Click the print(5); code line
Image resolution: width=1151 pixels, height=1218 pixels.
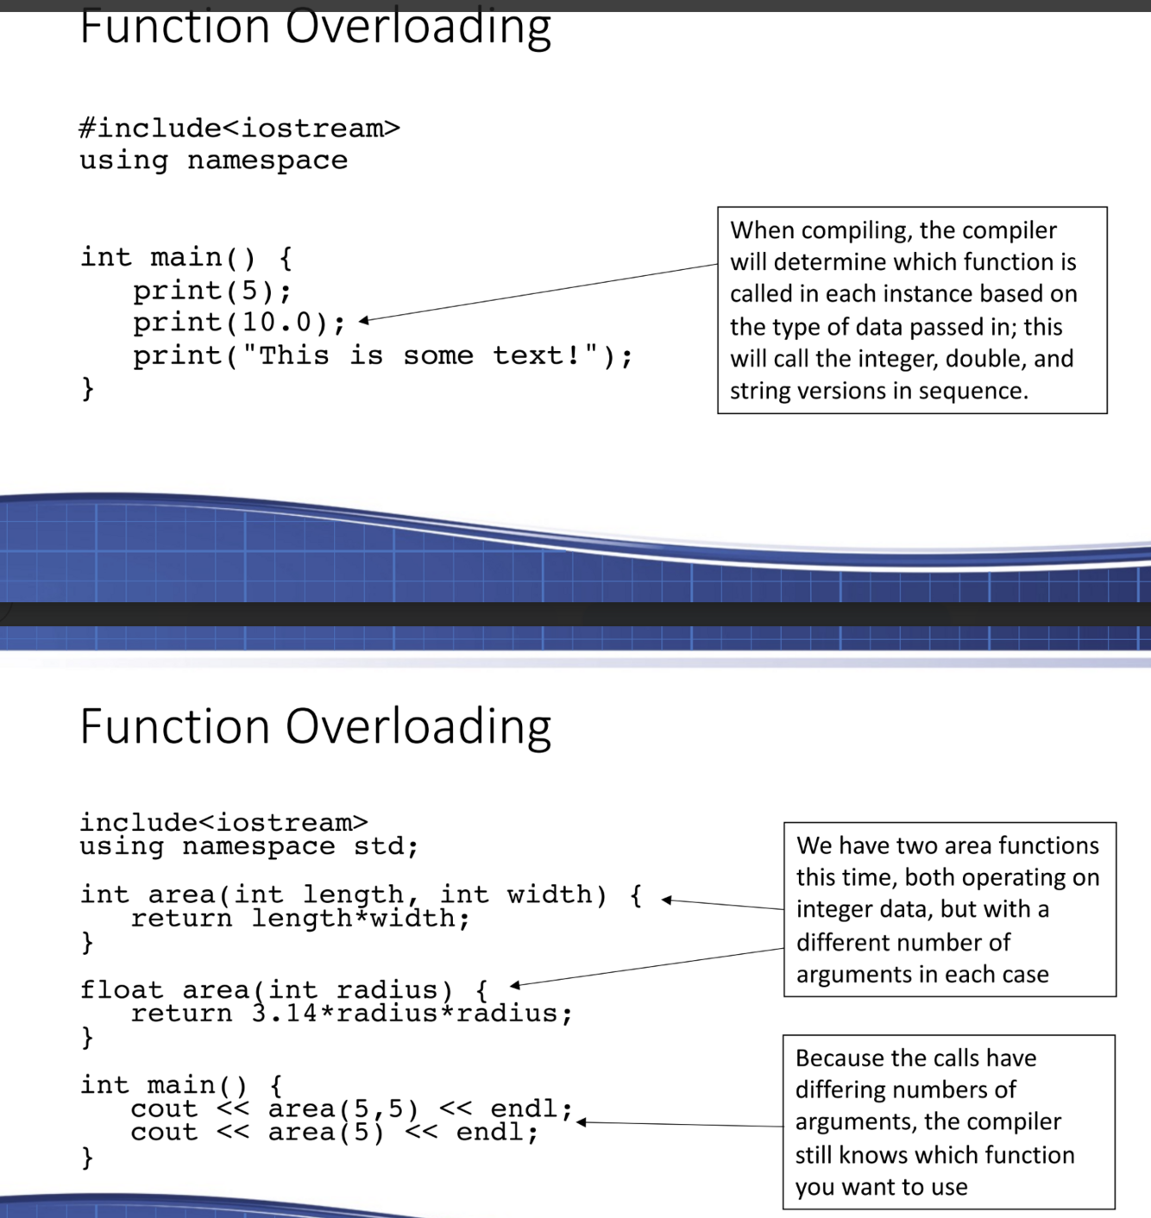[x=211, y=291]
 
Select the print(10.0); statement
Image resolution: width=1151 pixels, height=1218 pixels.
[x=238, y=323]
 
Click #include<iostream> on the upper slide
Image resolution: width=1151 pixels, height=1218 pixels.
[x=239, y=129]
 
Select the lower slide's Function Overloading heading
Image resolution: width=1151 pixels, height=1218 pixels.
[x=315, y=726]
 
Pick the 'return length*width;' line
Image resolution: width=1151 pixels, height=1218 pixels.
[x=299, y=918]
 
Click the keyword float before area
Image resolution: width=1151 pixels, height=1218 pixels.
[x=121, y=989]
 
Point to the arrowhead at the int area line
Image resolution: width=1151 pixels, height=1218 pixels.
[x=666, y=900]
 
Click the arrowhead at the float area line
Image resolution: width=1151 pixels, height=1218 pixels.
[x=515, y=984]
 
